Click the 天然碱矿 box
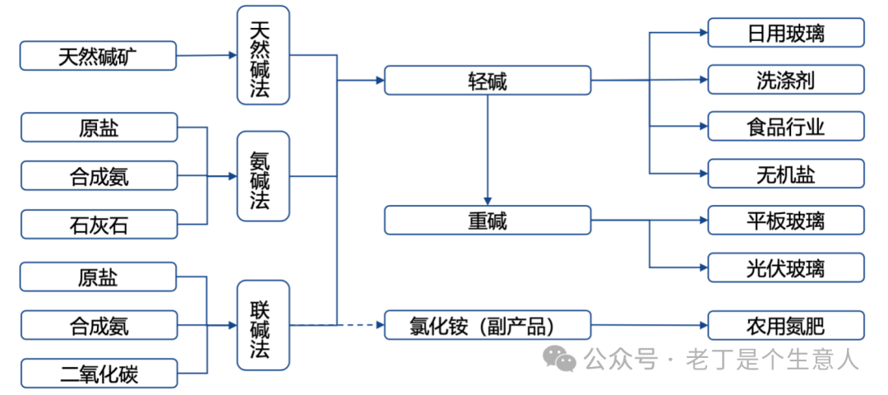(99, 56)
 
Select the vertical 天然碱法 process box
(263, 56)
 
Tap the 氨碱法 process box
(263, 176)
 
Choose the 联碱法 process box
(263, 325)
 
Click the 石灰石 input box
(99, 224)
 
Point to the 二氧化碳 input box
(99, 374)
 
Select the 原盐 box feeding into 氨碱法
(99, 128)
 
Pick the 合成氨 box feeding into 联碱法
(99, 325)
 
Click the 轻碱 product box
(488, 81)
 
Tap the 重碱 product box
(488, 221)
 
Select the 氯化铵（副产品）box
(488, 325)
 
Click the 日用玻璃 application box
(786, 33)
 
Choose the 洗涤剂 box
(786, 80)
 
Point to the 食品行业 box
(786, 127)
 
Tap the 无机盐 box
(786, 174)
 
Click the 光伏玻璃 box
(786, 267)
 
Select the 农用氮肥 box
(786, 325)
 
